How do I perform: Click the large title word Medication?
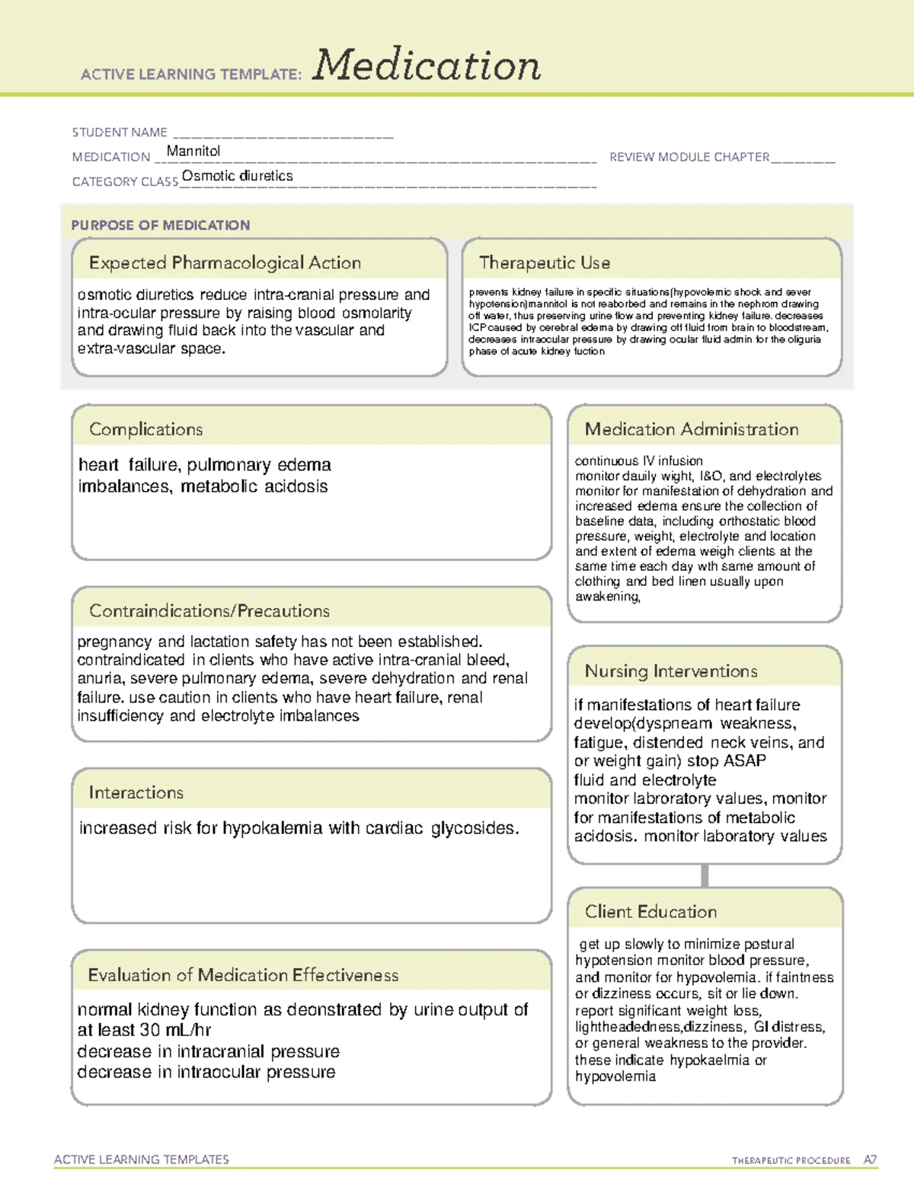[427, 65]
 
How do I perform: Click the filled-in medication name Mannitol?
[193, 151]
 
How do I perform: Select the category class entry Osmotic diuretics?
[237, 176]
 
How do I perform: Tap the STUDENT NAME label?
[120, 132]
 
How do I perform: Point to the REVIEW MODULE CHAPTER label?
[689, 157]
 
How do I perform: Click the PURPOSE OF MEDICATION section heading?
[161, 225]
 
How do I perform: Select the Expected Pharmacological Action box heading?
[225, 263]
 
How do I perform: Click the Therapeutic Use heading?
[545, 263]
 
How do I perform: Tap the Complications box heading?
[146, 429]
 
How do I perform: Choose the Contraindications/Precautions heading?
[209, 611]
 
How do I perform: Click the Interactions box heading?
[136, 793]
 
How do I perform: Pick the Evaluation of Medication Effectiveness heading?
[243, 975]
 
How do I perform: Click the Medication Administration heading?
[692, 429]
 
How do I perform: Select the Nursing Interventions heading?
[671, 671]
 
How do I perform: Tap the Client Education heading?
[650, 912]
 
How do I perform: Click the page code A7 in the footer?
[870, 1160]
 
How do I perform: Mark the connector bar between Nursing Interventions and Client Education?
[705, 875]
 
